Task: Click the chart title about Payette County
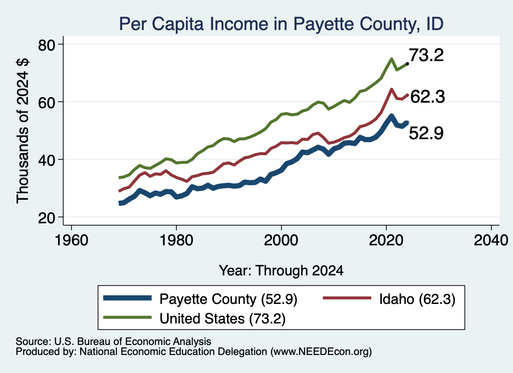click(x=281, y=24)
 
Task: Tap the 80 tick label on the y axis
click(x=47, y=45)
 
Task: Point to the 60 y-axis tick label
click(x=47, y=102)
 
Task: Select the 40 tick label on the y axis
click(x=47, y=160)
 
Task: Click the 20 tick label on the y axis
click(x=47, y=218)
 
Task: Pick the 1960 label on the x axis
click(x=71, y=240)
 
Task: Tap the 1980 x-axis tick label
click(x=176, y=240)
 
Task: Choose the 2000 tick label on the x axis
click(x=281, y=240)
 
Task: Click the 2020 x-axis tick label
click(x=386, y=240)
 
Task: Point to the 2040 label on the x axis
click(x=491, y=240)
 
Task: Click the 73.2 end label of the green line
click(x=426, y=55)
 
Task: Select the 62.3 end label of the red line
click(x=428, y=97)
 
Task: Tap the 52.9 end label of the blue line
click(x=426, y=133)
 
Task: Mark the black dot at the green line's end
click(x=407, y=64)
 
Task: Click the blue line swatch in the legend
click(x=128, y=298)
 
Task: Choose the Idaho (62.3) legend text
click(x=417, y=299)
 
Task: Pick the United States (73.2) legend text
click(x=222, y=318)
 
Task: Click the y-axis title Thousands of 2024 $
click(x=23, y=131)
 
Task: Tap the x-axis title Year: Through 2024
click(x=281, y=271)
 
